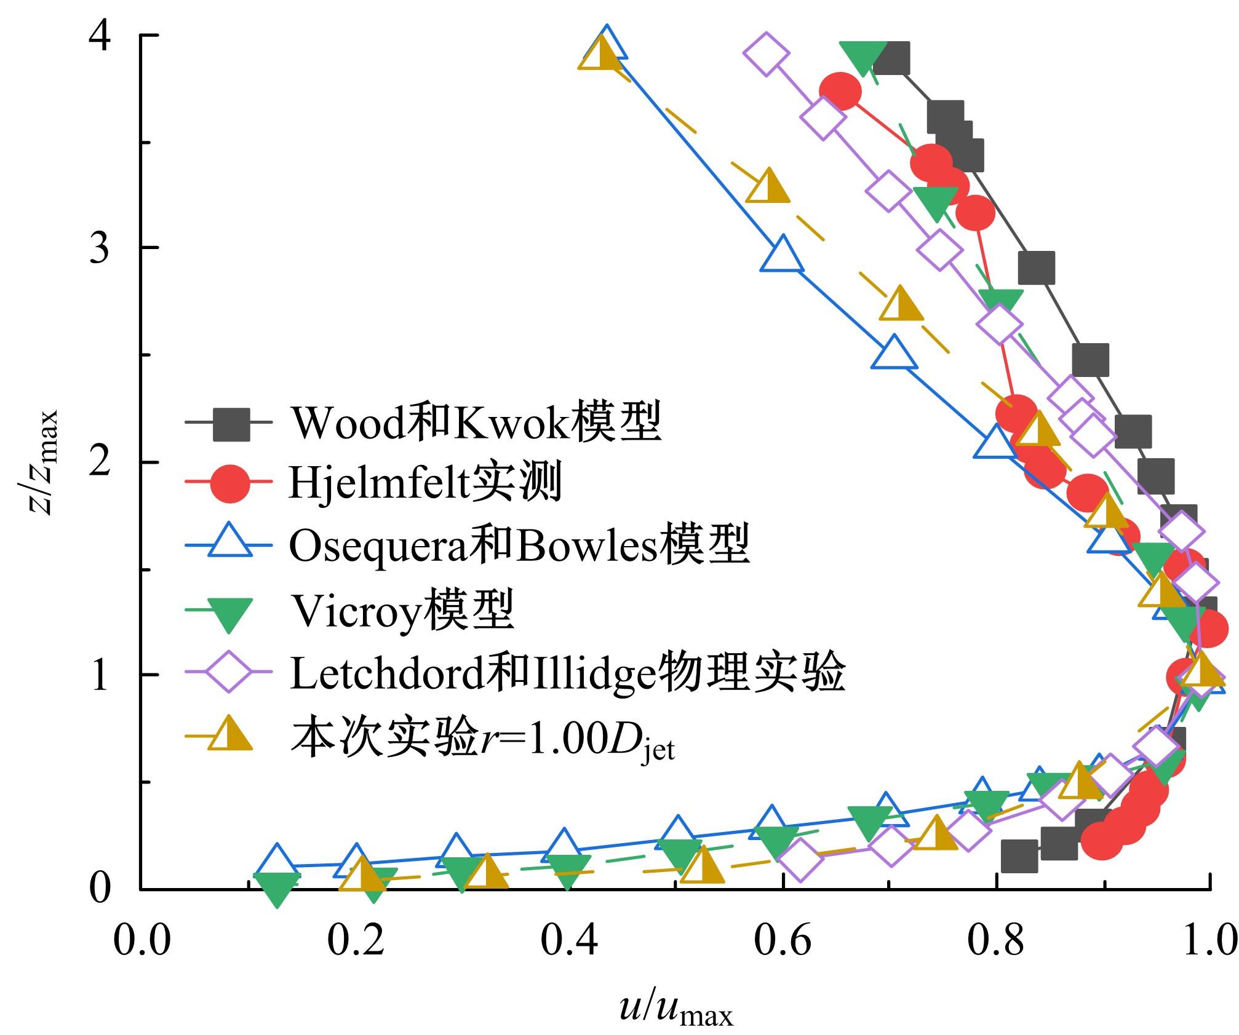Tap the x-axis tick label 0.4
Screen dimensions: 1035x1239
coord(569,941)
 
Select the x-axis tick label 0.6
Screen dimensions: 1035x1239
coord(783,941)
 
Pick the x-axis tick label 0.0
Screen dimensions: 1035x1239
coord(141,941)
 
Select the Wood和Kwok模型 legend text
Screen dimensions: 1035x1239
coord(476,422)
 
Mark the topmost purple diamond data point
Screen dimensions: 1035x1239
coord(766,54)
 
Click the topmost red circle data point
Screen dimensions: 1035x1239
coord(840,92)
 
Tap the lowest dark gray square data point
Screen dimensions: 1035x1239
coord(1019,856)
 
